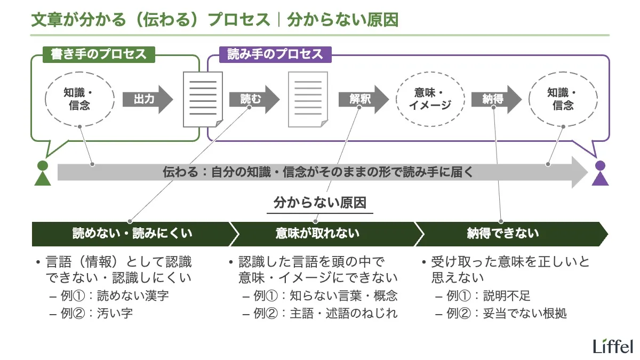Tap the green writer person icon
tap(42, 173)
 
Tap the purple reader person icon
tap(601, 173)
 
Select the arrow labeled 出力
tap(147, 99)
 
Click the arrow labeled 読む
tap(254, 99)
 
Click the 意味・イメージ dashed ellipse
tap(430, 99)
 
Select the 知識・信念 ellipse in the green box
tap(79, 99)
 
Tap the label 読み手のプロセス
tap(275, 54)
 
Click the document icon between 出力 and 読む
tap(203, 99)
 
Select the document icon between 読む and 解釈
tap(308, 99)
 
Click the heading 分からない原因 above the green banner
tap(320, 203)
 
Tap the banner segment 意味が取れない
tap(317, 234)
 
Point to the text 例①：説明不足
tap(488, 296)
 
